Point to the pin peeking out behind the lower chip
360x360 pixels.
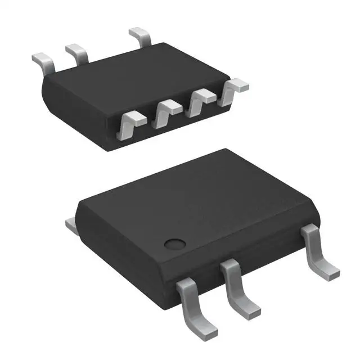[71, 226]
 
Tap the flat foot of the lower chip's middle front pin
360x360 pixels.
[248, 308]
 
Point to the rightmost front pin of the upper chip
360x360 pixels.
[233, 90]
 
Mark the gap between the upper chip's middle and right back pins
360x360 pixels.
[110, 51]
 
